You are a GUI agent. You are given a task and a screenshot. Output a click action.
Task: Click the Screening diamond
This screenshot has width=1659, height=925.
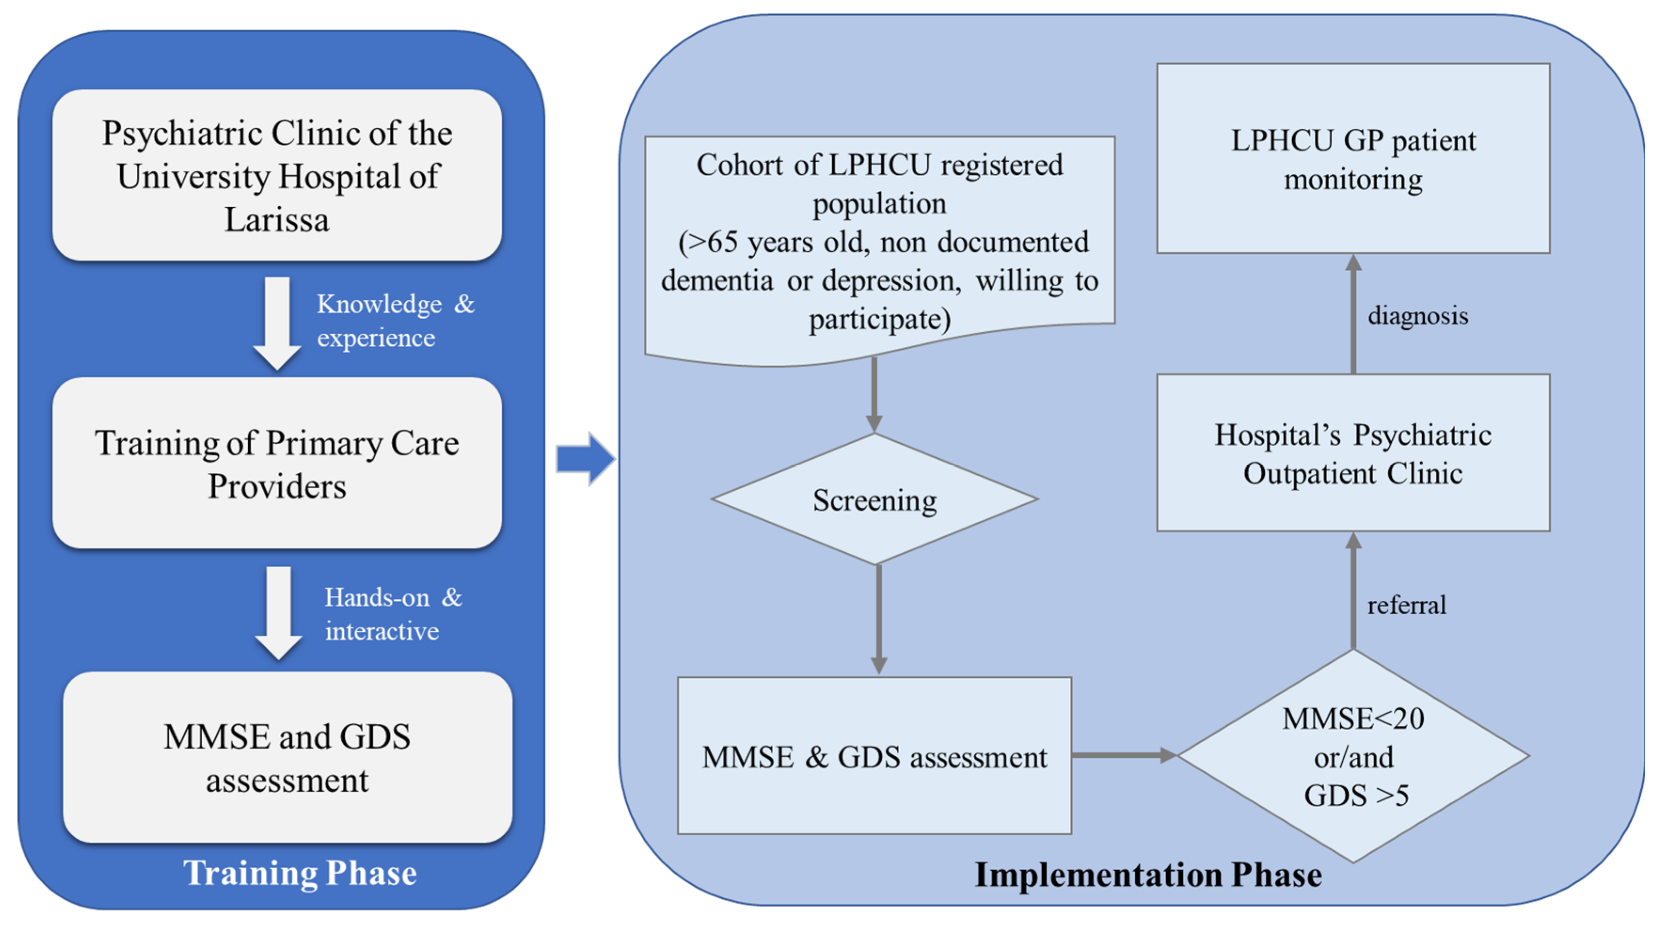click(x=874, y=500)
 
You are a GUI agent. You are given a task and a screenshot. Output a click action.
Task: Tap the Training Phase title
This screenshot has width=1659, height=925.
click(x=300, y=873)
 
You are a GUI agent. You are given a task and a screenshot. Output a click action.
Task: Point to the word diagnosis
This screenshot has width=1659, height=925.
click(x=1417, y=315)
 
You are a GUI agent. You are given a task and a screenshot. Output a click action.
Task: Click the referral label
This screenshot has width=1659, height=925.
click(x=1406, y=605)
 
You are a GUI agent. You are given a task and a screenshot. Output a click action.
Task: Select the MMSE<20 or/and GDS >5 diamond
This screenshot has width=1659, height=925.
click(x=1353, y=756)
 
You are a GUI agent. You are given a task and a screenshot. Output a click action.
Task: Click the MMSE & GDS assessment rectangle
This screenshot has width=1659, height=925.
click(x=874, y=756)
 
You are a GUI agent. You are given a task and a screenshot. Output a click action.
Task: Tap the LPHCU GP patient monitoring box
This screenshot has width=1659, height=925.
click(x=1352, y=158)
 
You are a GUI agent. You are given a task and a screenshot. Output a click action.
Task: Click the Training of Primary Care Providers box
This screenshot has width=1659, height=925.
click(x=277, y=463)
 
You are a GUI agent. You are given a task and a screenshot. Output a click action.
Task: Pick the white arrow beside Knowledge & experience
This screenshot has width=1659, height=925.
click(x=277, y=322)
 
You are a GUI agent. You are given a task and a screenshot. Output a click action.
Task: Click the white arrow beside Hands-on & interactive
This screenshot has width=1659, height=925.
click(x=278, y=611)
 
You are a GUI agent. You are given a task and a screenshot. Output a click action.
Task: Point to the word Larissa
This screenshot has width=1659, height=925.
click(x=277, y=219)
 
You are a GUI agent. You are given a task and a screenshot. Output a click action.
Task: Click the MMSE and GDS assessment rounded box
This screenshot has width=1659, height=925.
click(x=287, y=758)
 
